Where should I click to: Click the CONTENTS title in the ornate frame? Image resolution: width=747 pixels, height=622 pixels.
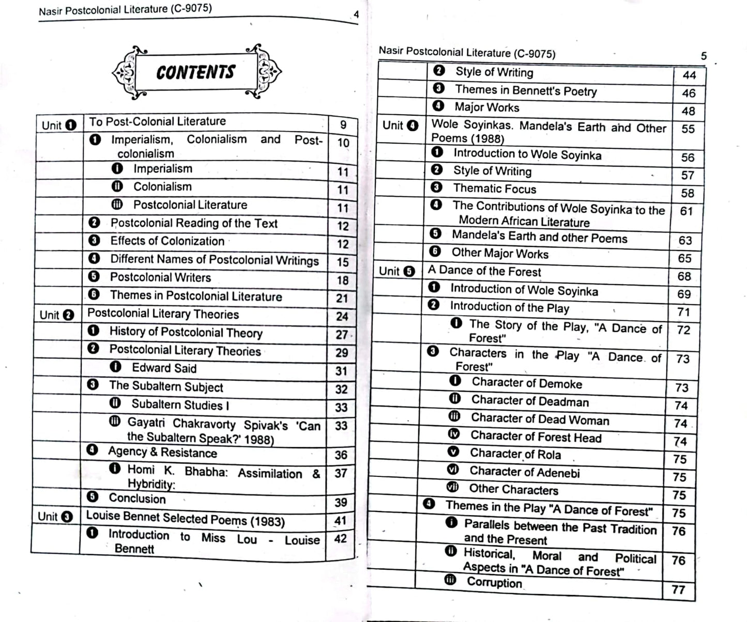195,72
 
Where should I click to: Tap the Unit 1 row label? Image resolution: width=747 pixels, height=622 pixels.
59,125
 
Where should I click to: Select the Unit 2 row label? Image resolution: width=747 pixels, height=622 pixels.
57,315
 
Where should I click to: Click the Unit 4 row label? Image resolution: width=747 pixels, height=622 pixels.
400,126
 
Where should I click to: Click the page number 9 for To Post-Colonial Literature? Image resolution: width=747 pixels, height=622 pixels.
343,125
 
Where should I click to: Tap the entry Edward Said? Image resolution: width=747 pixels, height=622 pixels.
164,368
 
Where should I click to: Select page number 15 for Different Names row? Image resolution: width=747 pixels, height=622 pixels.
342,262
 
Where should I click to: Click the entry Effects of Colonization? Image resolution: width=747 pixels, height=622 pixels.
167,241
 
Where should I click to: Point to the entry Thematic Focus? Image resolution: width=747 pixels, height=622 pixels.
494,189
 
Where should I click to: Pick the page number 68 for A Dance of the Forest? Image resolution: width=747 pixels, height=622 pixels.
684,276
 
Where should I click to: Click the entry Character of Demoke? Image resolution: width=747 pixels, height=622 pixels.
526,383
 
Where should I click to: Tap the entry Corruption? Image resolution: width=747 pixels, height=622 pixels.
494,583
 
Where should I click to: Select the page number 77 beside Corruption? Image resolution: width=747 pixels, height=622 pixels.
678,589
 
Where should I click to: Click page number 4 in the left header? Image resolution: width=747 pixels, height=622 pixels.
356,14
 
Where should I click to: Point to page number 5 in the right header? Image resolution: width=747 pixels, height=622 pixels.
704,56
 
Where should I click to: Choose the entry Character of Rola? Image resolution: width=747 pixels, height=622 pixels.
515,455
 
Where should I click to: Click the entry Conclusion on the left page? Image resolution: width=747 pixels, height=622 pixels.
137,499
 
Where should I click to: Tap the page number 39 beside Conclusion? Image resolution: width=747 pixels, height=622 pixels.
340,503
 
